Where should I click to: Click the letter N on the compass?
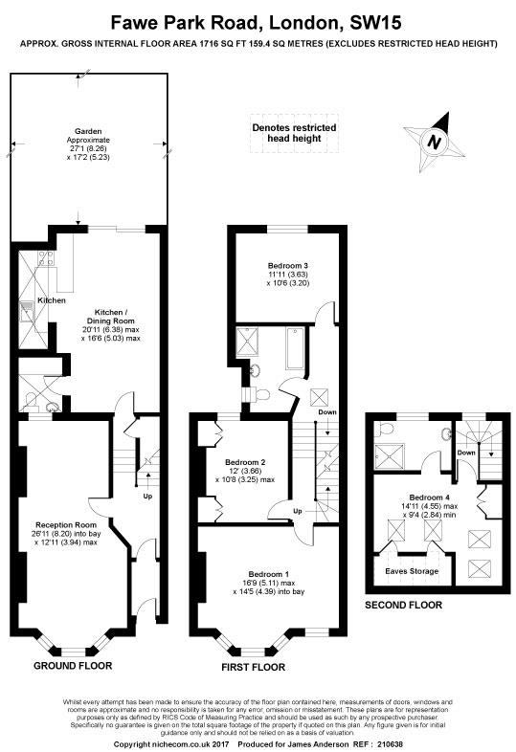pos(435,143)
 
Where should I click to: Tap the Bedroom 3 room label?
pos(288,266)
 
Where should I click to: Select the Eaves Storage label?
pos(412,571)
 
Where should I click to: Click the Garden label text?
pos(88,131)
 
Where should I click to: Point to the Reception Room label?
pos(66,525)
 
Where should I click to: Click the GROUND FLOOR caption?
pos(73,666)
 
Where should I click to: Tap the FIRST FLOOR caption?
pos(253,667)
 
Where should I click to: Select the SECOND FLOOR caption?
pos(404,606)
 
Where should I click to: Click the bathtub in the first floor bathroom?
pos(295,347)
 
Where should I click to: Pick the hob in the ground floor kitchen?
pos(46,259)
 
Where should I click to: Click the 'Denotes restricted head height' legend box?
pos(294,133)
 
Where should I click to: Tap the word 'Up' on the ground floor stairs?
pos(147,497)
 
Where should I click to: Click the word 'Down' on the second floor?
pos(466,453)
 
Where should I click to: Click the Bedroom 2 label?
pos(245,463)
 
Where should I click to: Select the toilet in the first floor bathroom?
pos(260,394)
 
